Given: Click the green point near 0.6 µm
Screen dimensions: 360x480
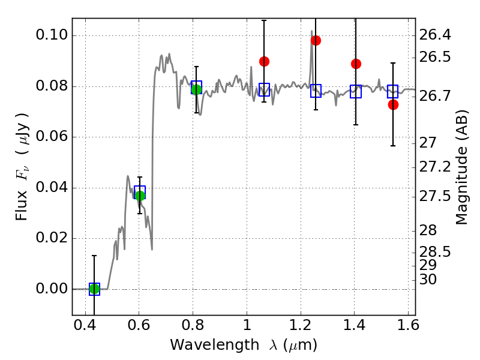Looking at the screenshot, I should (140, 196).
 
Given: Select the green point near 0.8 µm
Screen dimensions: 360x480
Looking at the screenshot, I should (196, 89).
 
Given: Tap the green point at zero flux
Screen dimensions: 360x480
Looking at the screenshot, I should (94, 289).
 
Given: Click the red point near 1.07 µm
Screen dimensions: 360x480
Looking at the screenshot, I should (264, 61).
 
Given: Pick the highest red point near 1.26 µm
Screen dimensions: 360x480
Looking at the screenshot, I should (316, 40).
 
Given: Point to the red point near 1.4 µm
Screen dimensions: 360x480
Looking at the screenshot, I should (356, 64).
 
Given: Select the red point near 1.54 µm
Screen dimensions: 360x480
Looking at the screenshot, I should (393, 104).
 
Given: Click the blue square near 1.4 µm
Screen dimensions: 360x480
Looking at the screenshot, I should (356, 92).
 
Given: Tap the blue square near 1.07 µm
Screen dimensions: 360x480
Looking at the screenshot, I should (264, 90).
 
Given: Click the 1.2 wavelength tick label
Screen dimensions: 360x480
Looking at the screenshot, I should (300, 328).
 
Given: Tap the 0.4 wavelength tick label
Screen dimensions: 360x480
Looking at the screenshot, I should (85, 328).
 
